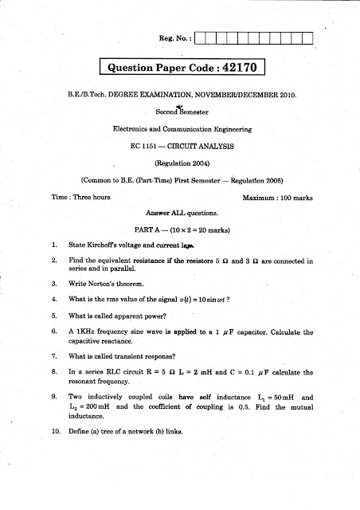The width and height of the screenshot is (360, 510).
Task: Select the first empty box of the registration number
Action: pyautogui.click(x=201, y=37)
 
